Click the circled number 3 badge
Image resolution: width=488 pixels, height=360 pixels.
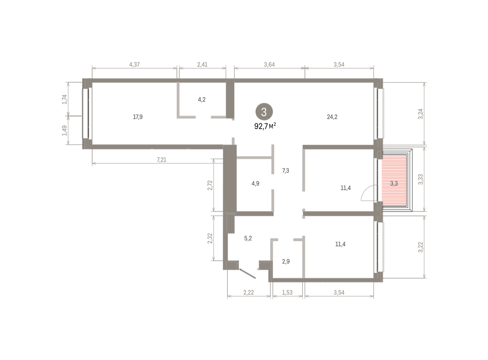point(264,112)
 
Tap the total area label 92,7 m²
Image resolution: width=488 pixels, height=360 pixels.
point(265,126)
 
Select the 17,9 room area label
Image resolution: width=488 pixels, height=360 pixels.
point(138,117)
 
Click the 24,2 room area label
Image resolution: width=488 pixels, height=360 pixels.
point(332,117)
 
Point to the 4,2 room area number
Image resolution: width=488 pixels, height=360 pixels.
point(202,100)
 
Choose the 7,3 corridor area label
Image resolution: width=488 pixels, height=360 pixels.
point(285,171)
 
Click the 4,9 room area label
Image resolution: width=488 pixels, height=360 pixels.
point(255,183)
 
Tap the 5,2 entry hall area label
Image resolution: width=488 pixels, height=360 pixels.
point(248,238)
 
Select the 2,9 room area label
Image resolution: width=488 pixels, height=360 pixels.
point(286,262)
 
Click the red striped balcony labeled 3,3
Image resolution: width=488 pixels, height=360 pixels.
point(394,180)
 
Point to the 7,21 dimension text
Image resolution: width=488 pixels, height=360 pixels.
point(161,160)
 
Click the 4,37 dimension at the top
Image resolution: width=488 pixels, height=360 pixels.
point(134,65)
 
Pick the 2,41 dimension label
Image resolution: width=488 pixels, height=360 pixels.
point(202,65)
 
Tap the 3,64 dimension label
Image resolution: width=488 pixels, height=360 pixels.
point(269,65)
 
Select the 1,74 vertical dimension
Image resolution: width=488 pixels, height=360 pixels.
point(64,100)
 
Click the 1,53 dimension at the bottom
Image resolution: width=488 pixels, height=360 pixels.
point(288,293)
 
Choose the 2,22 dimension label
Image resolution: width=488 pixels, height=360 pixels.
point(248,293)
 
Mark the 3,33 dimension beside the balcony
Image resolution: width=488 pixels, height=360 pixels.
point(420,180)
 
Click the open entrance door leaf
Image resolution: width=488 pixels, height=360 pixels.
point(248,273)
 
